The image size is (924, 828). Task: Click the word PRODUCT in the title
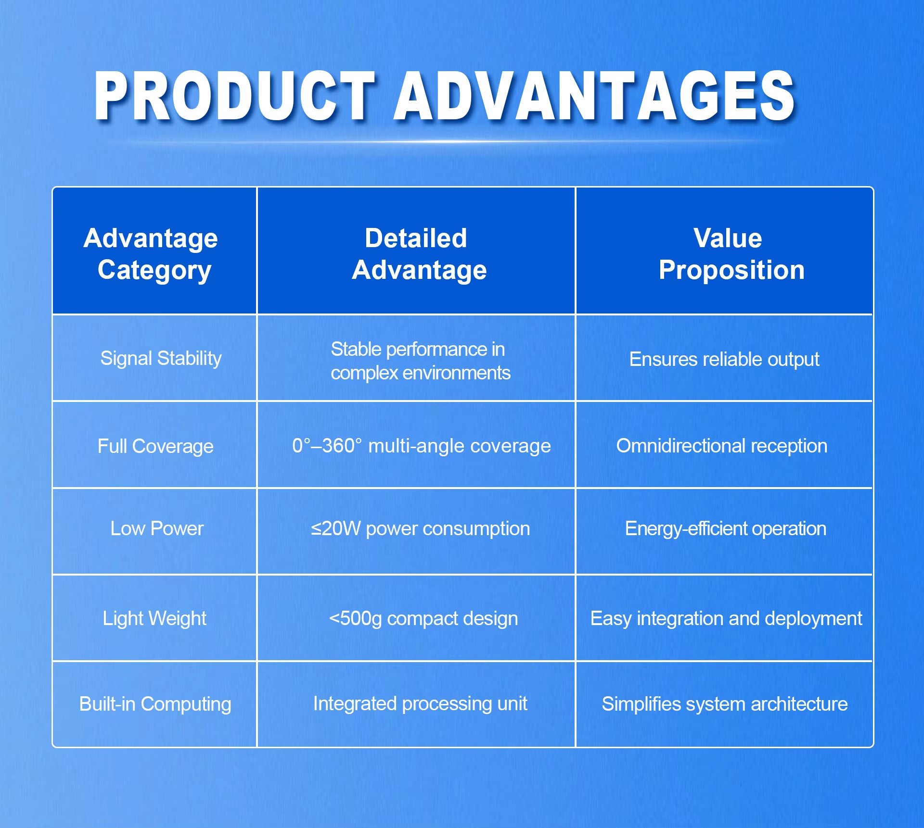(234, 96)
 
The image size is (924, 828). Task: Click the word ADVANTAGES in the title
(595, 96)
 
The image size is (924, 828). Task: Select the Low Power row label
(157, 528)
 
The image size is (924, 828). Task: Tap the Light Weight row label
(154, 618)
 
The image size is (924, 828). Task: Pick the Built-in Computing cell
(155, 704)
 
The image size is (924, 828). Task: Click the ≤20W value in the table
(335, 528)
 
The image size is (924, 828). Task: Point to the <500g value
(355, 618)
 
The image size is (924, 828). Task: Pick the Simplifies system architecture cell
(725, 704)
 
